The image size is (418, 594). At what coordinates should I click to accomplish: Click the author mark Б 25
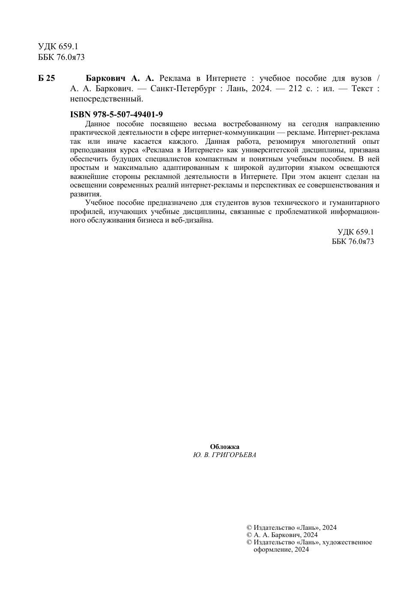pos(46,78)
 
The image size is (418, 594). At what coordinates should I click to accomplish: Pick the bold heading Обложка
pos(224,447)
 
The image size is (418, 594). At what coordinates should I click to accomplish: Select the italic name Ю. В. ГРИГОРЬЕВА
pos(224,455)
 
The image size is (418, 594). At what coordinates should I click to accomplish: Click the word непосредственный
pos(106,99)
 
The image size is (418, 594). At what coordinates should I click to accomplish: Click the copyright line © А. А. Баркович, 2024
pos(282,535)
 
